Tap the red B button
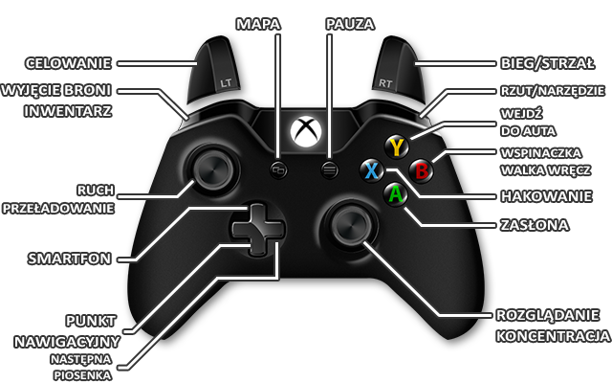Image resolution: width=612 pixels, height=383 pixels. pyautogui.click(x=422, y=169)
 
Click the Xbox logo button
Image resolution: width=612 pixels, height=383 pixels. pyautogui.click(x=306, y=131)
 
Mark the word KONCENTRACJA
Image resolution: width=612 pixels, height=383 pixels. pyautogui.click(x=552, y=336)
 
